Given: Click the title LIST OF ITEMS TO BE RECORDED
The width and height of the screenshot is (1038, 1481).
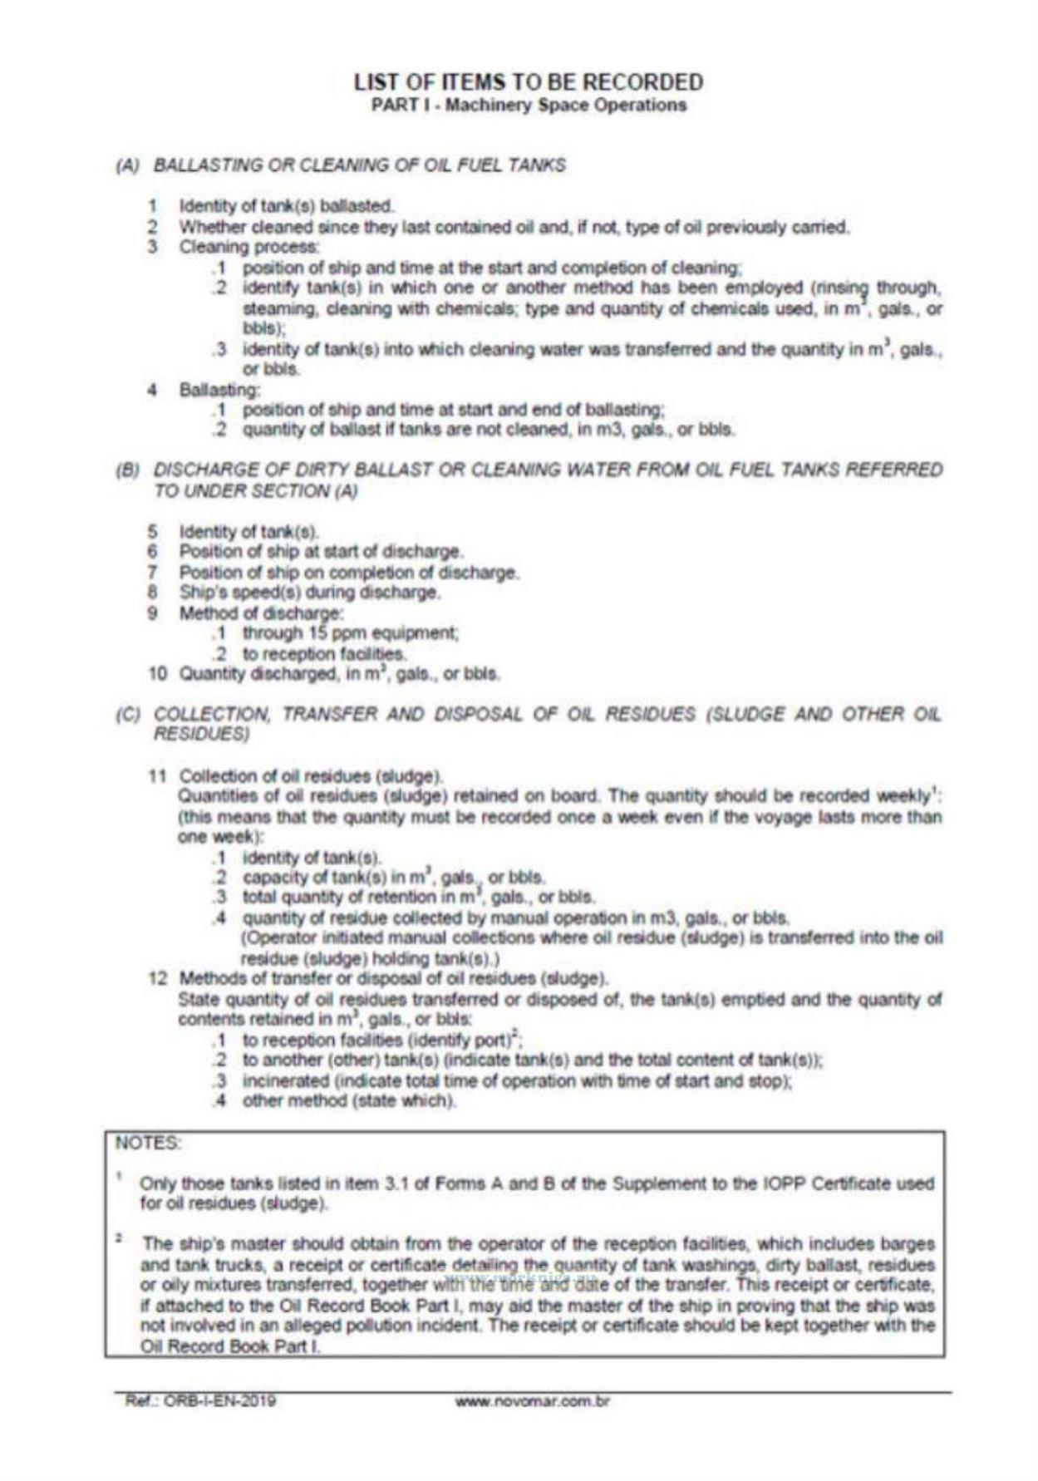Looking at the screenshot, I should click(528, 82).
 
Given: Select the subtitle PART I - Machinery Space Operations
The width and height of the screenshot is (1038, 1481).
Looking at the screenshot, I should click(528, 106).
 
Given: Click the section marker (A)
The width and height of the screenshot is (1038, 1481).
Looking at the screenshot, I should click(127, 165).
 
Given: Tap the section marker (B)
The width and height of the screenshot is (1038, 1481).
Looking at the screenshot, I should click(127, 470).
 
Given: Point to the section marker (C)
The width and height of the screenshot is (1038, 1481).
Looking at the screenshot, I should click(127, 715).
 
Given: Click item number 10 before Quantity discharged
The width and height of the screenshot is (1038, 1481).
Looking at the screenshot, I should click(158, 673).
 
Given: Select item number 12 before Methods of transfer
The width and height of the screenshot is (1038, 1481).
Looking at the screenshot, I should click(158, 977).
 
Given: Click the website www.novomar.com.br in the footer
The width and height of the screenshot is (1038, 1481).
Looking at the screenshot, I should click(533, 1402).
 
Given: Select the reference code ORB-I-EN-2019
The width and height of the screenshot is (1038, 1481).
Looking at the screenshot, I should click(199, 1402).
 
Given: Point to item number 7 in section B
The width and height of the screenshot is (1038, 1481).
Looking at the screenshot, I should click(153, 573).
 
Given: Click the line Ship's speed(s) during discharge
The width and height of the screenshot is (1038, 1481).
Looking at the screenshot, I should click(310, 593).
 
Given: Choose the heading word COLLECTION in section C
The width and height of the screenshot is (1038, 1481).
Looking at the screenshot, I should click(212, 715).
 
